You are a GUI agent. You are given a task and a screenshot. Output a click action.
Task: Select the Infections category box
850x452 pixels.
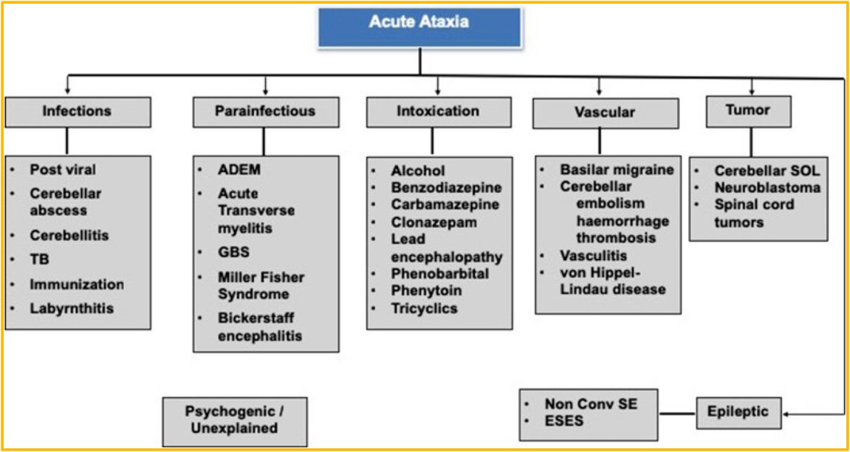coord(78,112)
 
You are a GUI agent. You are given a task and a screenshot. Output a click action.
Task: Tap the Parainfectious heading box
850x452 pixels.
coord(266,112)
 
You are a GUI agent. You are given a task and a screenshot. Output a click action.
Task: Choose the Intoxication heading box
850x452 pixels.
coord(438,112)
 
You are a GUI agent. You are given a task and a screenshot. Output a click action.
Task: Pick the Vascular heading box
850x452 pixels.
coord(605,113)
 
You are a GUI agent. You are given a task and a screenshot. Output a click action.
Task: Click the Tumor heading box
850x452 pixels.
coord(748,111)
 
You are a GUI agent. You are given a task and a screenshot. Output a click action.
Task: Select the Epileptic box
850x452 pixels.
coord(738,412)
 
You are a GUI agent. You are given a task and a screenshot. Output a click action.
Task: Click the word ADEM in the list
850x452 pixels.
coord(239,170)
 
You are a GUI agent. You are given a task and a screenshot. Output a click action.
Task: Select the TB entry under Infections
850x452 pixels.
coord(40,259)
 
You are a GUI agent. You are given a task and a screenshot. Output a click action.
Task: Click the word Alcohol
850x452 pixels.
coord(418,171)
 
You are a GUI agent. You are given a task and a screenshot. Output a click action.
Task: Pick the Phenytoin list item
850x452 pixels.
coord(426,291)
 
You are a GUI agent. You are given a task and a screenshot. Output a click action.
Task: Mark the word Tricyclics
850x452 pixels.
coord(424,308)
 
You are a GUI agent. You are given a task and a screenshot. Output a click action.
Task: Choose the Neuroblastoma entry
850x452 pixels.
coord(767,188)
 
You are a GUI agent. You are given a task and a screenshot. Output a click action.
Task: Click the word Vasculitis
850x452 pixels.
coord(593,256)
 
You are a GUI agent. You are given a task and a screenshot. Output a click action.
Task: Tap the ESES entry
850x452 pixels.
coord(564,421)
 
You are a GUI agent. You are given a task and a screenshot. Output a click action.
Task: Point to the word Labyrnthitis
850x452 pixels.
coord(71,308)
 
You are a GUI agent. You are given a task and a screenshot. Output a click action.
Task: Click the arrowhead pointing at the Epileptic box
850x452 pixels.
coord(786,414)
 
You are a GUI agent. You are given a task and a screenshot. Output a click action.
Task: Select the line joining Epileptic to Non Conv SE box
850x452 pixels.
coord(677,414)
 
